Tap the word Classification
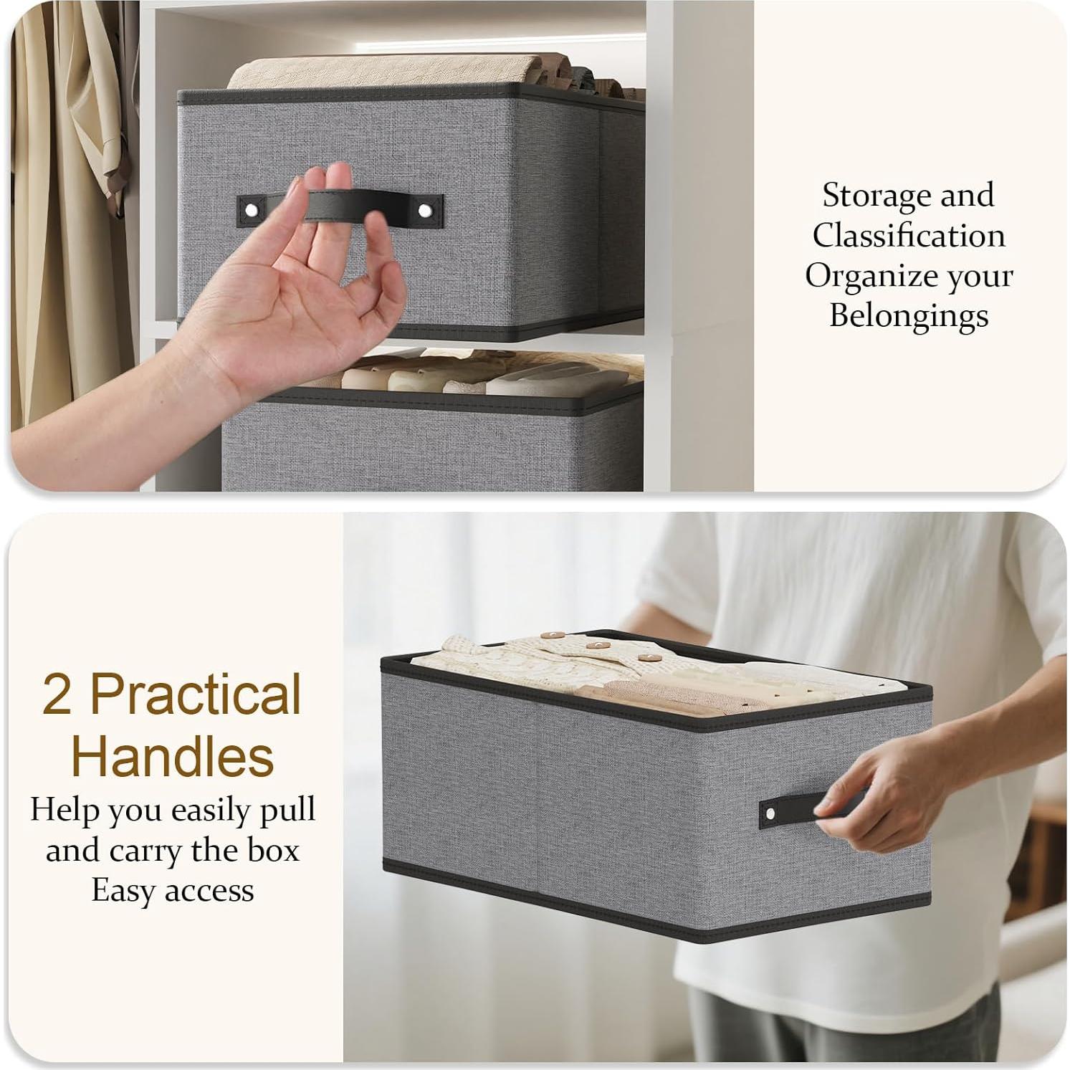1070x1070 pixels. tap(908, 236)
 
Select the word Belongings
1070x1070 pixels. tap(909, 316)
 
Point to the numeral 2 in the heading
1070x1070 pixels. tap(57, 694)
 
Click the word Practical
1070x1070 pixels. tap(196, 694)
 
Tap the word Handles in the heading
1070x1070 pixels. tap(173, 756)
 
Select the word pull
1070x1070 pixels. tap(287, 811)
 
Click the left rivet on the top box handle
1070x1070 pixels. tap(250, 211)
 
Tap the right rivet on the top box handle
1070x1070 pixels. tap(425, 211)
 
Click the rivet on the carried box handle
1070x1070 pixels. tap(770, 813)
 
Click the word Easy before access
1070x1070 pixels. tap(118, 891)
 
